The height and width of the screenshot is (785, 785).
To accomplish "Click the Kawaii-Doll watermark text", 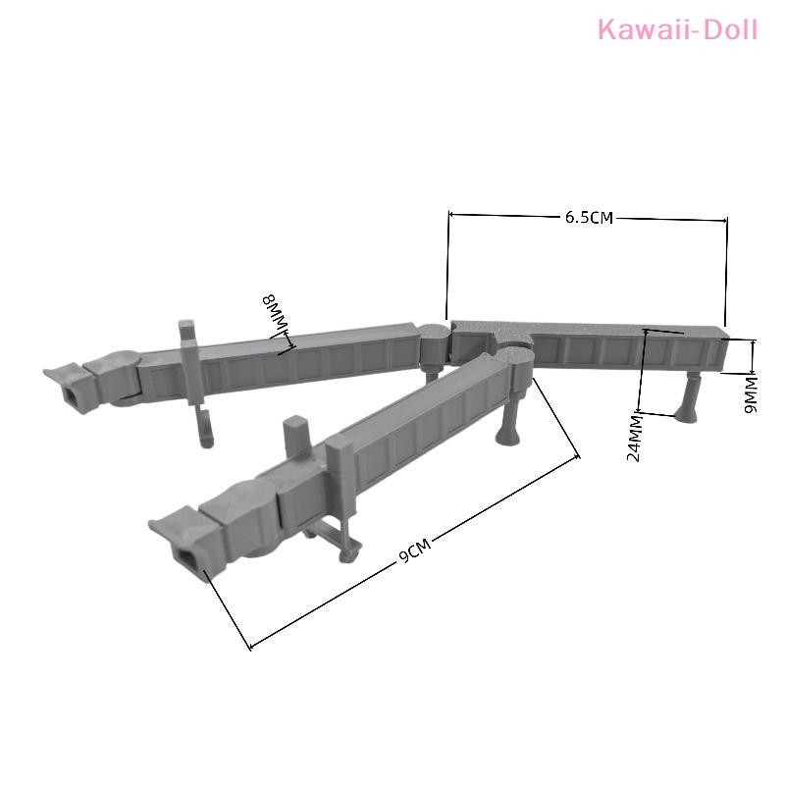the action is (677, 29).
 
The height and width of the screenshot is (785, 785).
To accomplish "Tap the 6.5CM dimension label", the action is (589, 218).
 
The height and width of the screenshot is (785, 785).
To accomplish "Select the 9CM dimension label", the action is (415, 550).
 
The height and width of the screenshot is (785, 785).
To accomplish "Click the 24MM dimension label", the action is (634, 438).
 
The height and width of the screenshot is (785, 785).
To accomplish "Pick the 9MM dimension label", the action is (751, 394).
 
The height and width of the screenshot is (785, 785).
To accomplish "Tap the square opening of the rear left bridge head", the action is (71, 395).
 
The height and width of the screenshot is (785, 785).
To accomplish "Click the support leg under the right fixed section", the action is (688, 398).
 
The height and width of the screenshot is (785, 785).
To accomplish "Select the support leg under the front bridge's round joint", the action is (509, 420).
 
